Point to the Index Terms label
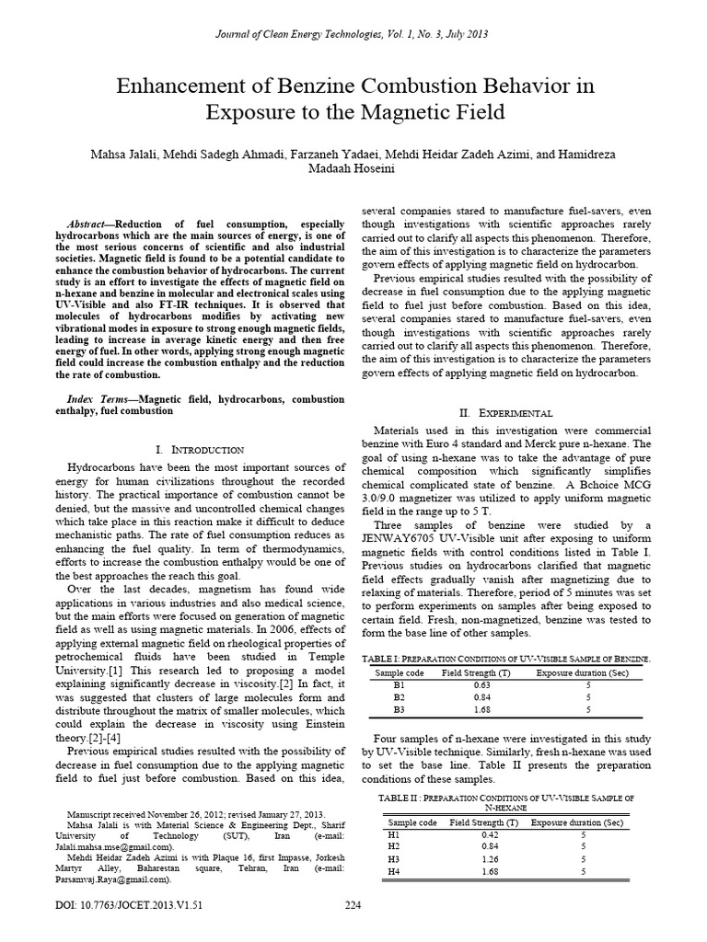(100, 399)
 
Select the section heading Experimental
(511, 414)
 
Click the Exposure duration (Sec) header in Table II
(581, 821)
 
